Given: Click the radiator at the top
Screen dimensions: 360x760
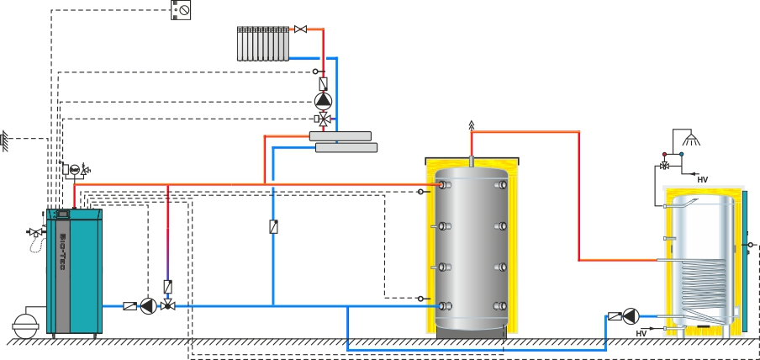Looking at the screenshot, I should pyautogui.click(x=264, y=43).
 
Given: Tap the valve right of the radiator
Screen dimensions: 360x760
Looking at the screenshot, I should pyautogui.click(x=300, y=29).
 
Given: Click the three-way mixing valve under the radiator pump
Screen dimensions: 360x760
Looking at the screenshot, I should pyautogui.click(x=324, y=119).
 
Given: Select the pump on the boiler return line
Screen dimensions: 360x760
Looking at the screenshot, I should pyautogui.click(x=149, y=306).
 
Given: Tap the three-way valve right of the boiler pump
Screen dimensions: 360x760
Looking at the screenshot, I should pyautogui.click(x=168, y=306).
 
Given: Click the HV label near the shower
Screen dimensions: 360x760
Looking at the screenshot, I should pyautogui.click(x=703, y=178).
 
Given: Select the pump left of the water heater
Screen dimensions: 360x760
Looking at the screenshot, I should pyautogui.click(x=631, y=316).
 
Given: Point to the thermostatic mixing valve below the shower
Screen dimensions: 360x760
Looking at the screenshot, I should pyautogui.click(x=665, y=165).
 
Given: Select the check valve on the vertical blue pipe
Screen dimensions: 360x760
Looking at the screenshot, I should pyautogui.click(x=273, y=226).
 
